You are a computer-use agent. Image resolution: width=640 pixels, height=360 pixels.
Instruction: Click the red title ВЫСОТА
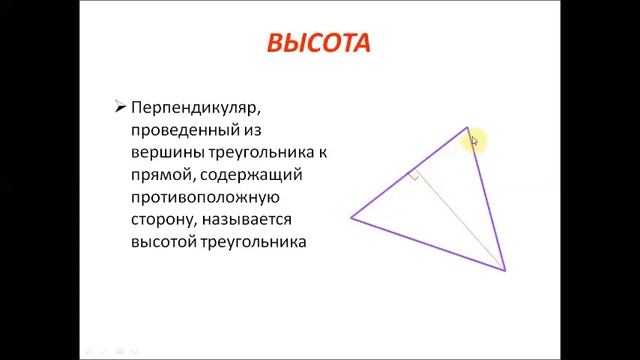pos(319,43)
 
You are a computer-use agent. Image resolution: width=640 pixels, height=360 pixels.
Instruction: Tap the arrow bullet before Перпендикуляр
pos(120,105)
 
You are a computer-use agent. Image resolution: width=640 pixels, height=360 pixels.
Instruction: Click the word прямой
pos(159,175)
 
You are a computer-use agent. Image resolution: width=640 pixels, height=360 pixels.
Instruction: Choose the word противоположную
pos(205,197)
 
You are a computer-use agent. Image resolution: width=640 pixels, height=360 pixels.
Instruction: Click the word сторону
pos(161,219)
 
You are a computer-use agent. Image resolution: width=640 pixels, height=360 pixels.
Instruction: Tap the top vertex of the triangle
pos(467,127)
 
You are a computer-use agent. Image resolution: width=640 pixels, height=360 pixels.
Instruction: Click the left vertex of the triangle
pos(351,217)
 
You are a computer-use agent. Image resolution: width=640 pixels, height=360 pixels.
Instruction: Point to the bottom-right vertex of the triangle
pos(505,269)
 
